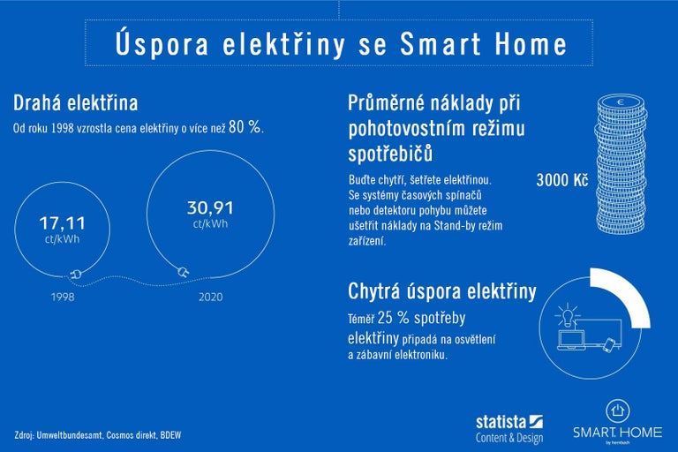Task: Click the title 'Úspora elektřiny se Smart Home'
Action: click(x=340, y=43)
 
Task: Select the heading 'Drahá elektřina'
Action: click(x=75, y=103)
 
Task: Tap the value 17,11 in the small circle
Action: click(x=62, y=223)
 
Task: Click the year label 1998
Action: click(x=62, y=298)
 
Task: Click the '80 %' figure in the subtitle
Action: click(x=245, y=127)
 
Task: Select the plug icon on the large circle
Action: click(x=184, y=271)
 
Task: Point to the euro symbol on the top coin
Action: click(x=621, y=103)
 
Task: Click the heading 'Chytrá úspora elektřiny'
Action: click(x=442, y=291)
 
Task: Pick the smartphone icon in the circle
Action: click(x=610, y=344)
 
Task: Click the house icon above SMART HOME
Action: click(x=618, y=410)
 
